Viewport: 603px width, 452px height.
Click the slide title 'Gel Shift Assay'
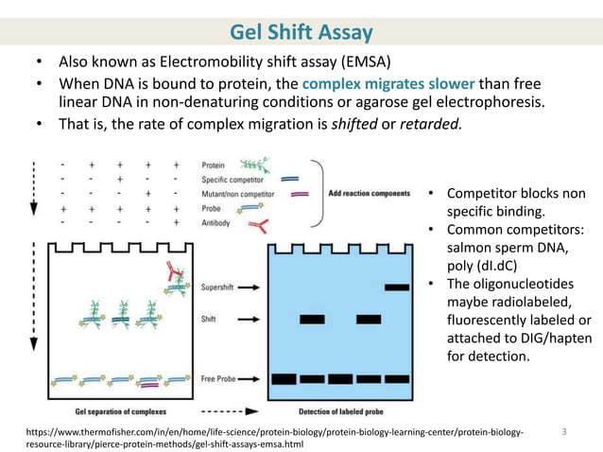pos(301,34)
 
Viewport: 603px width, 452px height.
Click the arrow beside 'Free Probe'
pos(250,379)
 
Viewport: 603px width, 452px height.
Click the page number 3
pos(563,432)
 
